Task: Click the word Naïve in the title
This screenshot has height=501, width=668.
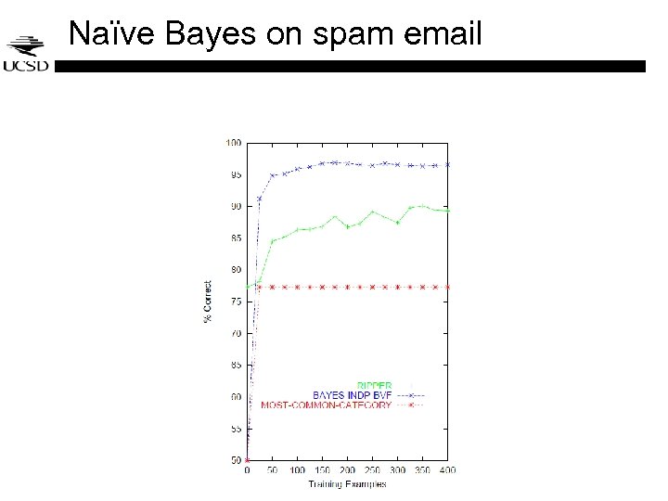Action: click(115, 35)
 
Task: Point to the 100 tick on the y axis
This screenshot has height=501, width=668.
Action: click(232, 143)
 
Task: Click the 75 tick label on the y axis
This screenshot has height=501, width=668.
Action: click(235, 302)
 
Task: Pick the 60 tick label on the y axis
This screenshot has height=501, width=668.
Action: click(235, 396)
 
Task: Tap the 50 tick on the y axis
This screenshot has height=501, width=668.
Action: click(235, 460)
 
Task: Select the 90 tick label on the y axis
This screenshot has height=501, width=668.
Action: click(235, 206)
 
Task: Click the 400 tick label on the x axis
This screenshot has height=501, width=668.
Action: click(447, 470)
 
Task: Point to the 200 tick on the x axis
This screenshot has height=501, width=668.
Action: click(347, 470)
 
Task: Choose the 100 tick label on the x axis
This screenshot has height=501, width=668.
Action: click(297, 470)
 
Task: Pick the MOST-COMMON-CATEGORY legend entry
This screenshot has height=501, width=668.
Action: click(326, 405)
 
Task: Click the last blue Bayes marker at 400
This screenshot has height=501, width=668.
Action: click(447, 164)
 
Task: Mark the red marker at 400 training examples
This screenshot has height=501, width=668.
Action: click(447, 287)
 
